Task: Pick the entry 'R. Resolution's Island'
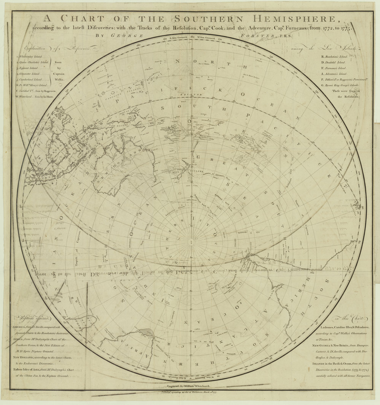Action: pyautogui.click(x=334, y=55)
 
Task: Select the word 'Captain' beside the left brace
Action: pyautogui.click(x=58, y=74)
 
